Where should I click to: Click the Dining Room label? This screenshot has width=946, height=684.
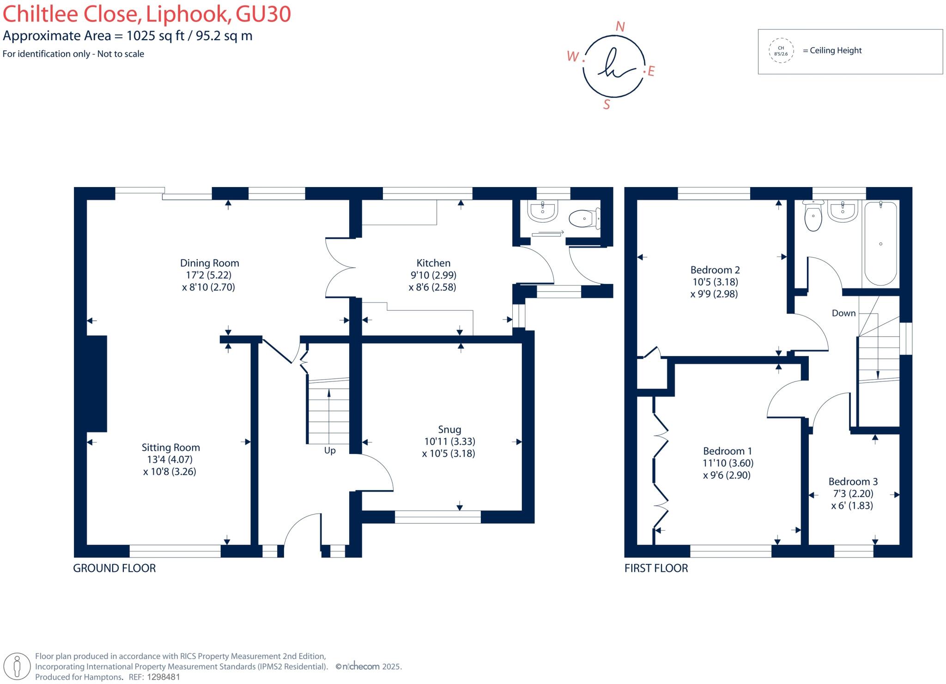[x=209, y=263]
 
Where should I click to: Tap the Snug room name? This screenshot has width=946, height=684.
[x=449, y=430]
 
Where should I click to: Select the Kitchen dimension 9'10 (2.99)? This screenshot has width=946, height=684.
[x=433, y=275]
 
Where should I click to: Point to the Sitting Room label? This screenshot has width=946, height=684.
[x=170, y=448]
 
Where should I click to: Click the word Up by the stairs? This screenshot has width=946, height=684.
[x=329, y=451]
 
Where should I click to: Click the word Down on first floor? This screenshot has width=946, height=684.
[x=843, y=313]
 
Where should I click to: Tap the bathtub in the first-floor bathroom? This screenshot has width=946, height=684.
[x=880, y=244]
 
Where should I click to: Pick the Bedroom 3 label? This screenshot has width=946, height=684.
[x=853, y=482]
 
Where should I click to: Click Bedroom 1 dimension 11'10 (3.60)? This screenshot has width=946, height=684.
[x=728, y=463]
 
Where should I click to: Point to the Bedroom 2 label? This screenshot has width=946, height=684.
[x=715, y=270]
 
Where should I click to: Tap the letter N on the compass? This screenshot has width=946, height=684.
[x=620, y=27]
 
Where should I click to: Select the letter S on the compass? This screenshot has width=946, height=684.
[x=606, y=105]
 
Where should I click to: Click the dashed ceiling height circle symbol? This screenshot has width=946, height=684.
[x=781, y=51]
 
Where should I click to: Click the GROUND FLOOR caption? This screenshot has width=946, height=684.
[x=114, y=568]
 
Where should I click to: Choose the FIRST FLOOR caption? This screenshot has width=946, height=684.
[x=656, y=568]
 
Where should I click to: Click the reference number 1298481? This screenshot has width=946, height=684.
[x=163, y=677]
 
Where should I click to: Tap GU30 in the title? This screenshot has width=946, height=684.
[x=263, y=14]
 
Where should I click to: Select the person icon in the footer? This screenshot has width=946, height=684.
[x=18, y=666]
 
